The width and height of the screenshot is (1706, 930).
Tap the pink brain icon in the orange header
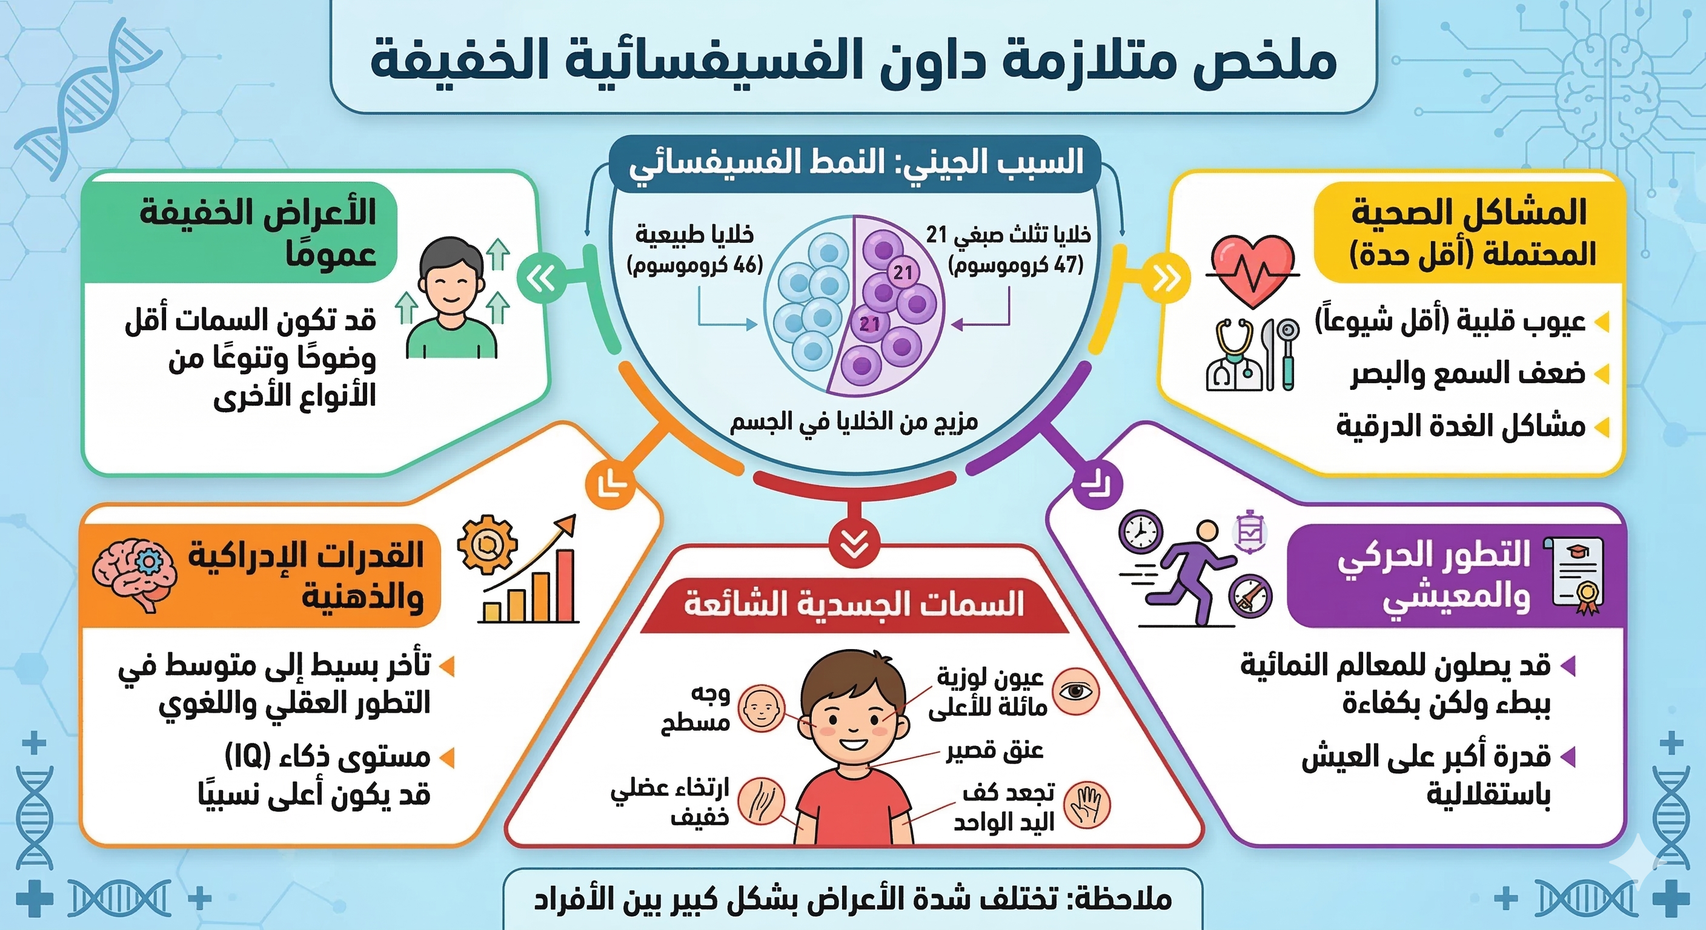[x=134, y=574]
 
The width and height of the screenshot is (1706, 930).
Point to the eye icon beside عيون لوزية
[x=1075, y=691]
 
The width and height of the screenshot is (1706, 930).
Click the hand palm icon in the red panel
[x=1086, y=805]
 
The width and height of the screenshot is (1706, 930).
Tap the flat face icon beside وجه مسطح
[x=761, y=708]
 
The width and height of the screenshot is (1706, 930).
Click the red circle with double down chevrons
[x=854, y=544]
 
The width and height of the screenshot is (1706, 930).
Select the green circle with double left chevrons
[x=541, y=279]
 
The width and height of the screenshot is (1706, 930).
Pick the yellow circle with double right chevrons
[x=1166, y=279]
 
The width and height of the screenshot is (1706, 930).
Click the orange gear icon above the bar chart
[x=486, y=544]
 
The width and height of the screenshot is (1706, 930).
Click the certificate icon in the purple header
[x=1579, y=575]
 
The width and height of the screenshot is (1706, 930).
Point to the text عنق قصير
[x=994, y=751]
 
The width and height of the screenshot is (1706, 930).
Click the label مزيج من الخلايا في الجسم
[x=854, y=421]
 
